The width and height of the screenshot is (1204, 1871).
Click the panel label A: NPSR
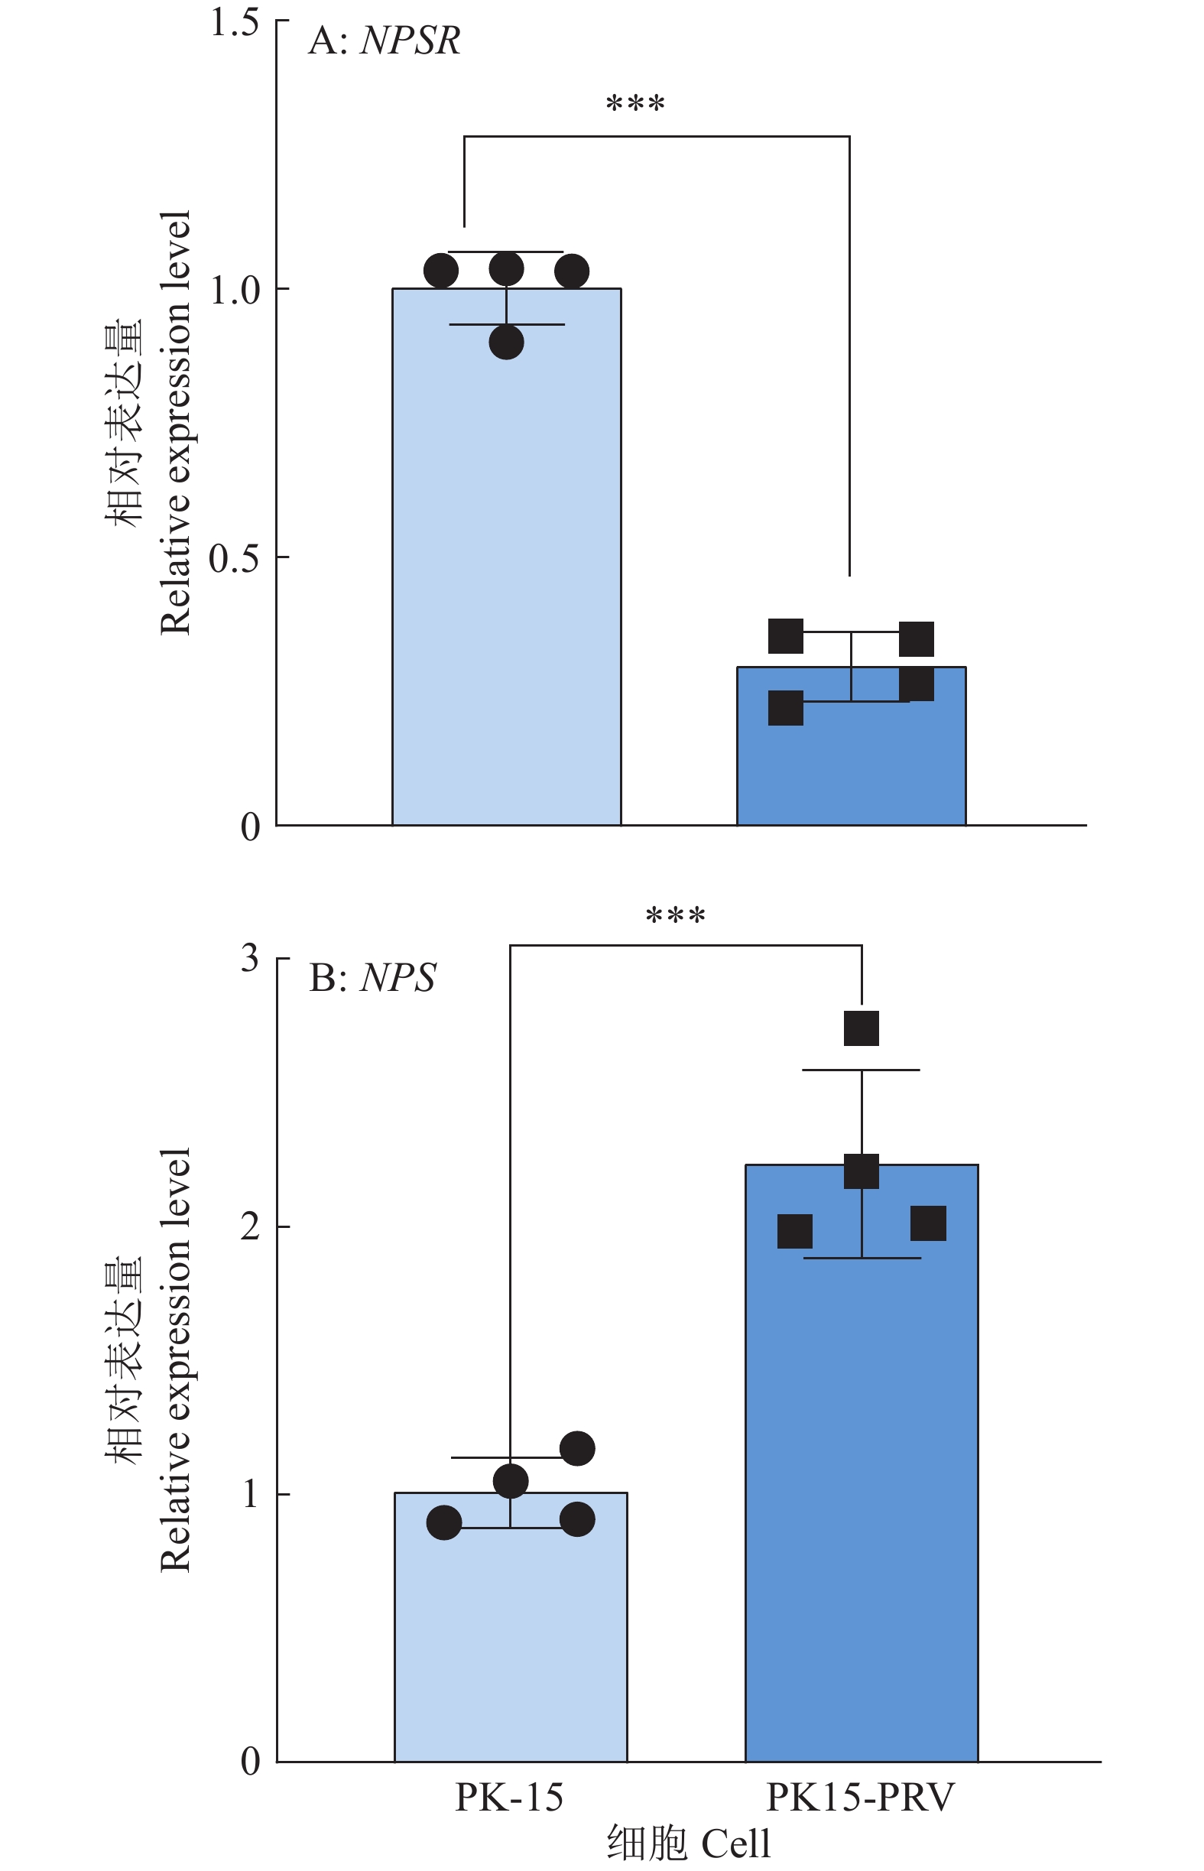coord(384,41)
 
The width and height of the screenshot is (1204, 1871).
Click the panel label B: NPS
coord(372,977)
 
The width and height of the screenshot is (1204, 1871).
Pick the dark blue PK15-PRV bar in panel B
coord(862,1486)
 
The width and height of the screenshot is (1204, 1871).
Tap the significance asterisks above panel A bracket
coord(634,104)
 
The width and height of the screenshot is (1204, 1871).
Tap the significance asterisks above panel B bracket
coord(676,915)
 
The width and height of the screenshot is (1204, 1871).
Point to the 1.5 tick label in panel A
coord(235,23)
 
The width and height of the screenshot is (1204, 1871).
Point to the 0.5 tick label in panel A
coord(235,558)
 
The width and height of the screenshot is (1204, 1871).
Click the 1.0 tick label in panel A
coord(235,290)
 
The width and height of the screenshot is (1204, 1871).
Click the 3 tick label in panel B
coord(249,959)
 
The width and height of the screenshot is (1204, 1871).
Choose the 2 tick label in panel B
coord(249,1226)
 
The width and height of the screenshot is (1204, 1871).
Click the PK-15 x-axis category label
coord(509,1798)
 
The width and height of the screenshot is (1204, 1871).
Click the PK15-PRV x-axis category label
coord(860,1798)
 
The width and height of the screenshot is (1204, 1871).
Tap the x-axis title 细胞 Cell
coord(689,1843)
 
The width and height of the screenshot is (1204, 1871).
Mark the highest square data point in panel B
coord(862,1028)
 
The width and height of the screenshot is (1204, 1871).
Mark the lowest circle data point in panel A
coord(507,343)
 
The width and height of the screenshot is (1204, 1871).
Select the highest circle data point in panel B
coord(578,1449)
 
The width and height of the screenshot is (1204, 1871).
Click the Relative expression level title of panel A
coord(175,422)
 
